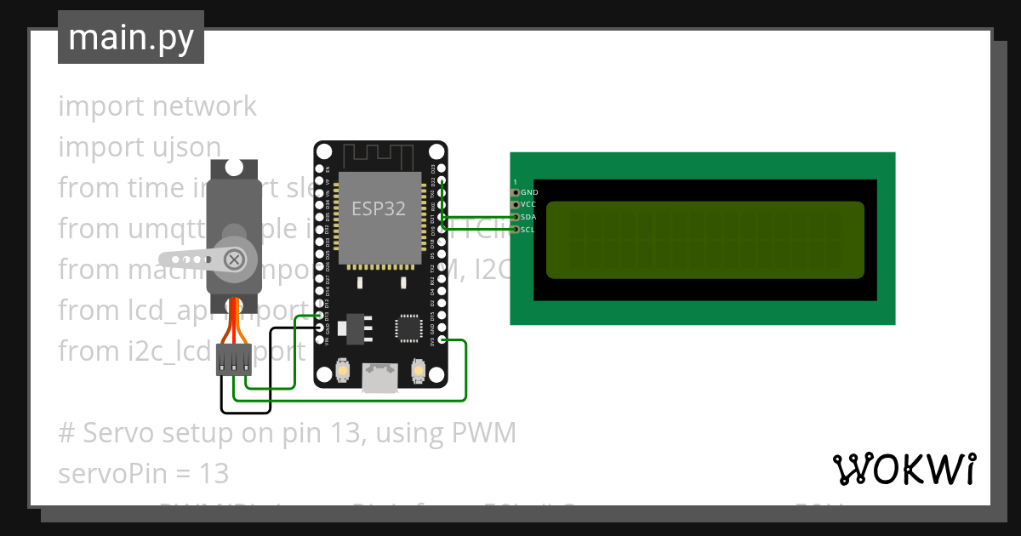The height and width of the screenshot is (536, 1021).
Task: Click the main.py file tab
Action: click(131, 37)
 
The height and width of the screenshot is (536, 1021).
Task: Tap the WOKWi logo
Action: click(904, 469)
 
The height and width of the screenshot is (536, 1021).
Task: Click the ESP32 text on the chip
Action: click(379, 208)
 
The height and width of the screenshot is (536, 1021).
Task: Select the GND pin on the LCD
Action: click(515, 193)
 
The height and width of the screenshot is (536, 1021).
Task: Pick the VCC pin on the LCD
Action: click(515, 205)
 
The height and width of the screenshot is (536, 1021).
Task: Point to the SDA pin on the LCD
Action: click(515, 217)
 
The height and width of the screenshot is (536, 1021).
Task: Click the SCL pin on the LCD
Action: click(515, 229)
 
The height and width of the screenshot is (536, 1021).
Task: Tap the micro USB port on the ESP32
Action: click(379, 377)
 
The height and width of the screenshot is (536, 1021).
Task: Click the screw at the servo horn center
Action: click(233, 259)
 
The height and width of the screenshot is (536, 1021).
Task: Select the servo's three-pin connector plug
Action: click(233, 360)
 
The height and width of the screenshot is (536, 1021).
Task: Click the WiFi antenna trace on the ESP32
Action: click(379, 157)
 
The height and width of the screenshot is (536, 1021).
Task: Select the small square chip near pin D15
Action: click(408, 328)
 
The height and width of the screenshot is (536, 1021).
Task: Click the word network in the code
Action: click(204, 106)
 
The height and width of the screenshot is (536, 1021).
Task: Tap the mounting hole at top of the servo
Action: click(233, 168)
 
